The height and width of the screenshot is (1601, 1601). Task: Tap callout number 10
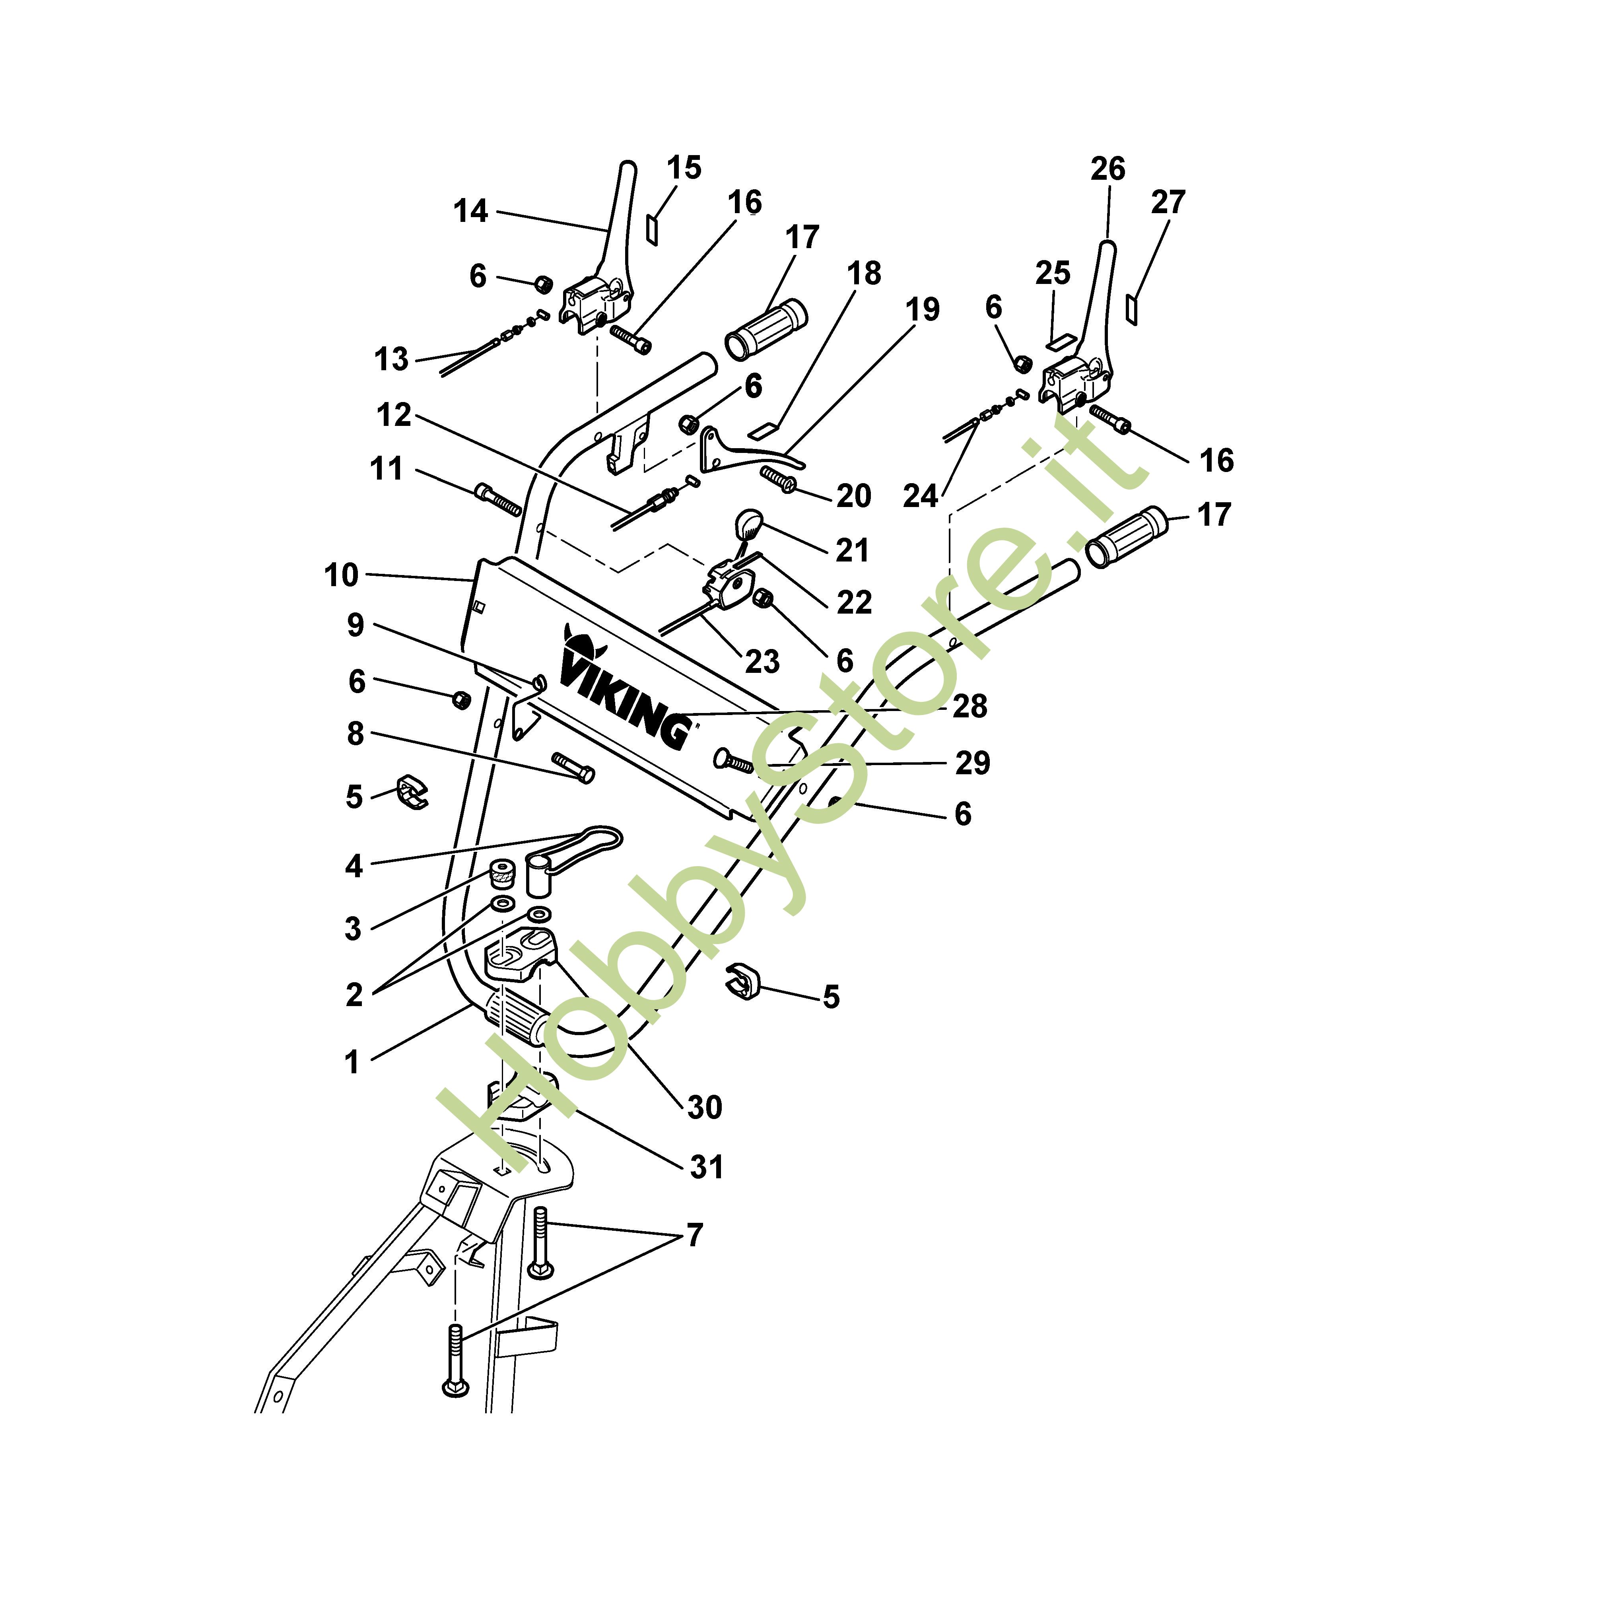point(340,575)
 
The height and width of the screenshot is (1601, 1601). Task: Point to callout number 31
point(707,1167)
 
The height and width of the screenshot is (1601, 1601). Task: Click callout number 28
point(970,706)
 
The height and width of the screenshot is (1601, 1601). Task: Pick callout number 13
point(391,359)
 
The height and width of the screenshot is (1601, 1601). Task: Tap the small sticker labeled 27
point(1133,308)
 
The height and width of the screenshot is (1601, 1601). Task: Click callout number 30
point(704,1107)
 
